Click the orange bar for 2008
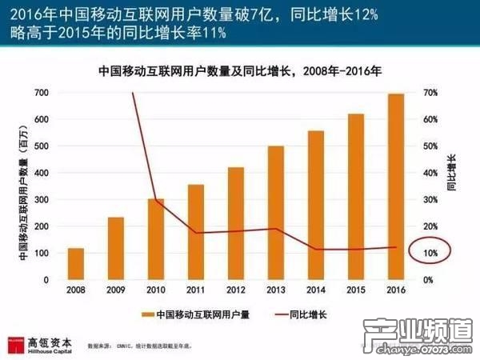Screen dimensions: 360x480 [x=75, y=264]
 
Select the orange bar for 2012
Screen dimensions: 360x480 [x=235, y=223]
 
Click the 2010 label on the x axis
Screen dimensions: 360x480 [x=155, y=290]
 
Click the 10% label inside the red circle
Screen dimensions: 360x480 [x=430, y=254]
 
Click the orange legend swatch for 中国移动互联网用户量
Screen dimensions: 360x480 [x=148, y=314]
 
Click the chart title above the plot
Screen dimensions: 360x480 [x=239, y=70]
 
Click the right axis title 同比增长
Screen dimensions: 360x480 [x=452, y=173]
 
